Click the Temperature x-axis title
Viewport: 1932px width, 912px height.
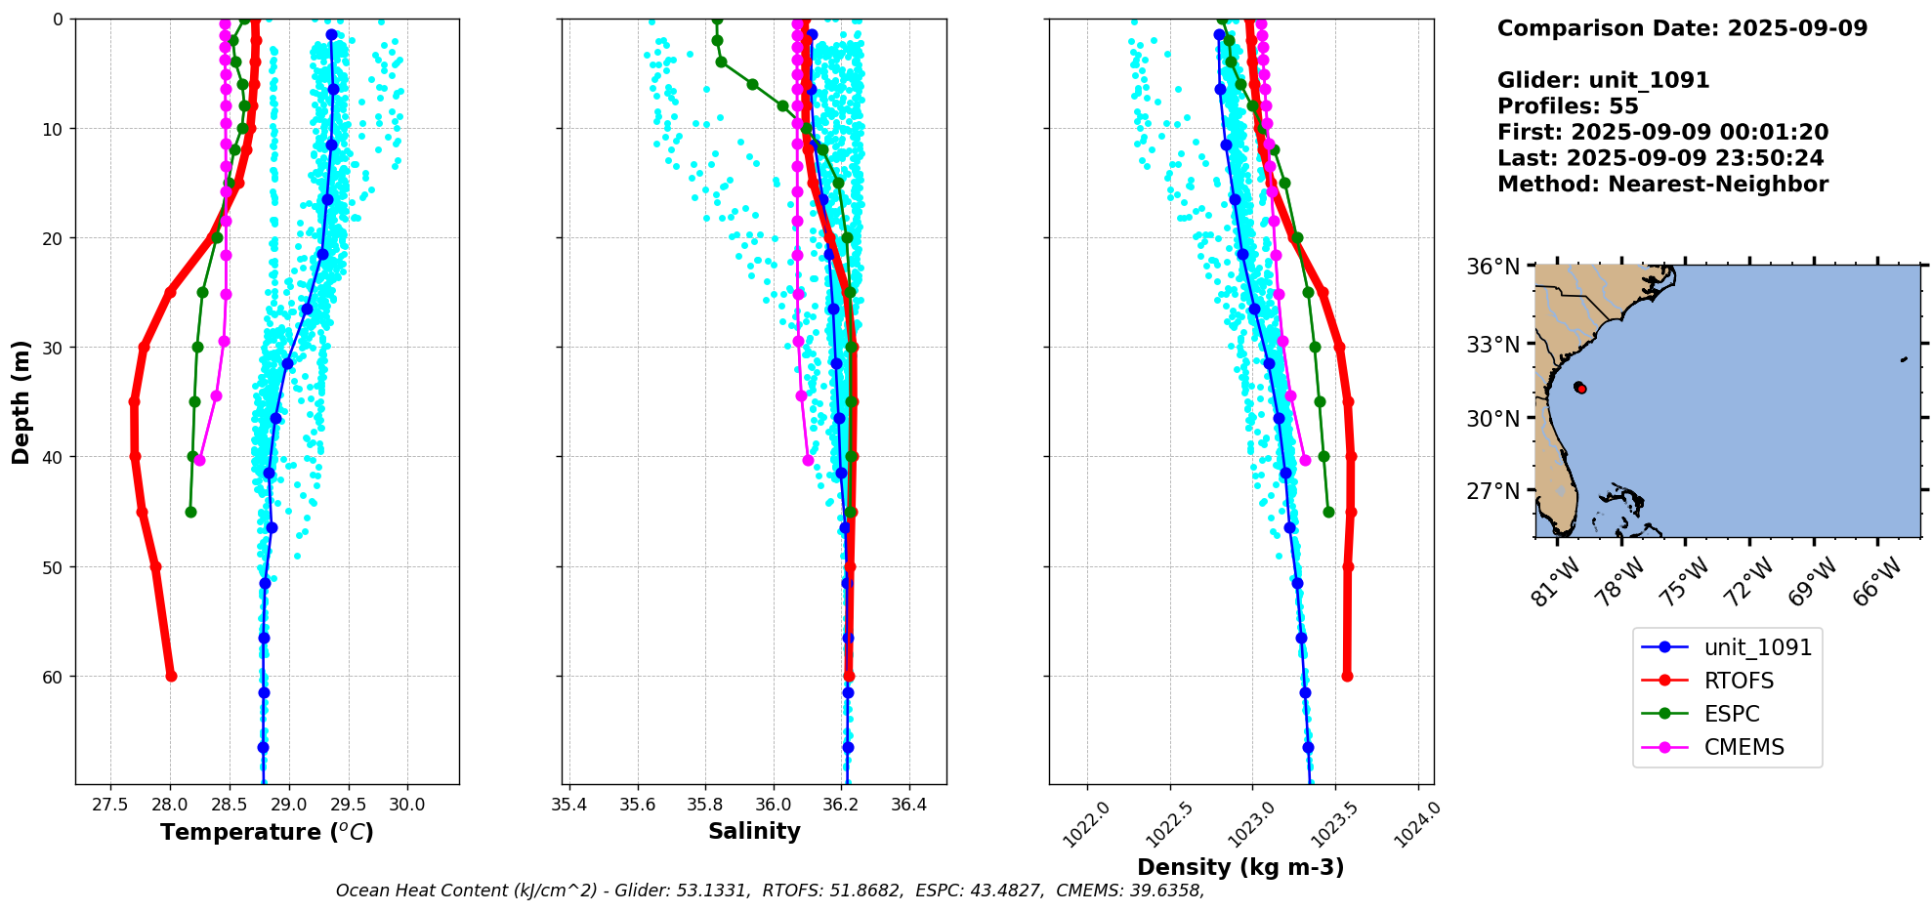(267, 832)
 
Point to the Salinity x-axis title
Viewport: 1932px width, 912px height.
(754, 831)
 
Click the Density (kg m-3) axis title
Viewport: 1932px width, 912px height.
(1240, 867)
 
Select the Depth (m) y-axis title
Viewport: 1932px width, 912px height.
(21, 401)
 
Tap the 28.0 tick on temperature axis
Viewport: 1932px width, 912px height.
(170, 805)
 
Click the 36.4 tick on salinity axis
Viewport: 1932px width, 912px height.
(909, 805)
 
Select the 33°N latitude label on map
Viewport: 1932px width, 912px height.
(1492, 345)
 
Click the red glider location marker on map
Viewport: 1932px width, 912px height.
(1580, 389)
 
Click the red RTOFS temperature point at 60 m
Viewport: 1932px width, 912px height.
(171, 676)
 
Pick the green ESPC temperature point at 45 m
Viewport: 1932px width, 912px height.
(190, 512)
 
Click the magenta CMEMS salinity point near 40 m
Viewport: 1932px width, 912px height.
(808, 460)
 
